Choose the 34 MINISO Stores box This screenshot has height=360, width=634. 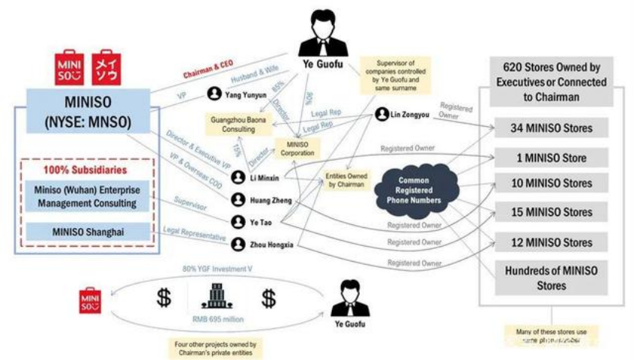pyautogui.click(x=555, y=128)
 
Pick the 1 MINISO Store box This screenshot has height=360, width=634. pyautogui.click(x=555, y=158)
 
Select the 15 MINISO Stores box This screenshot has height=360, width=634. pyautogui.click(x=555, y=213)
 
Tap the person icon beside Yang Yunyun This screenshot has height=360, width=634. pyautogui.click(x=215, y=94)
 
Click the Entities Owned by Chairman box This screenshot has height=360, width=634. pyautogui.click(x=345, y=180)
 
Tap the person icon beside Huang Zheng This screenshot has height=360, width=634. pyautogui.click(x=238, y=199)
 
